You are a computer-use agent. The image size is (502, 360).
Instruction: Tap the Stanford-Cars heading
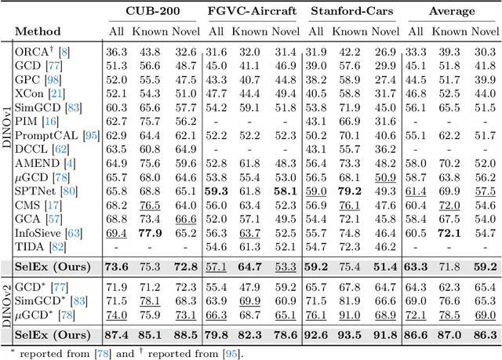(x=352, y=12)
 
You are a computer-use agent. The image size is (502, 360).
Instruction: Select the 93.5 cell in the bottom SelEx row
(x=353, y=333)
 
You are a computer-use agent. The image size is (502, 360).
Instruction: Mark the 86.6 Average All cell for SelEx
(x=417, y=333)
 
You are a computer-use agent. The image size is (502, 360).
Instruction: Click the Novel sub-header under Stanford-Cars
(x=384, y=32)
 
